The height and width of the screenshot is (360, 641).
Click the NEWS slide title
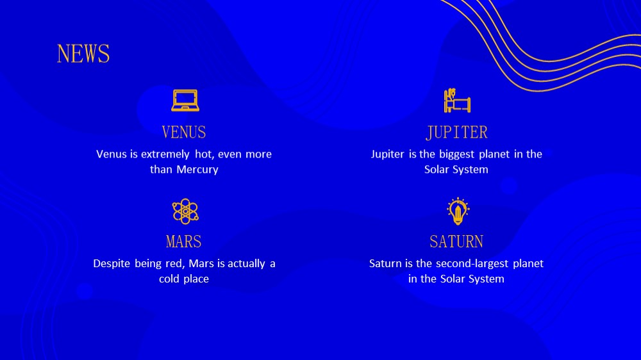click(x=83, y=54)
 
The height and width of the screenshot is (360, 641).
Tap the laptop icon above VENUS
click(x=185, y=100)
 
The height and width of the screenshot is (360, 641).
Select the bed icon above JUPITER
click(x=457, y=100)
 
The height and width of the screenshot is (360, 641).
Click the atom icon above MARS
click(x=185, y=211)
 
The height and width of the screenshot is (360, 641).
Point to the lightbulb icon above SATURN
click(x=458, y=211)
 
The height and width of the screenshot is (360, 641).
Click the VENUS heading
click(x=184, y=133)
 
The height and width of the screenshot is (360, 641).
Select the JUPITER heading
click(x=456, y=133)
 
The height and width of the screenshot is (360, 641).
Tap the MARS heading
click(x=183, y=241)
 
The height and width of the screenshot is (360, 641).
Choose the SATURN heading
click(x=456, y=241)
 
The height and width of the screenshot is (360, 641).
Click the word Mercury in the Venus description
click(x=197, y=170)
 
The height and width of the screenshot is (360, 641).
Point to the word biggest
click(x=456, y=154)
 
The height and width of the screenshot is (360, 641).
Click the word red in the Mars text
click(x=174, y=263)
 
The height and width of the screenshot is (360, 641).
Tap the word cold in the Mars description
click(x=169, y=279)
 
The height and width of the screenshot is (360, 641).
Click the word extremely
click(x=165, y=154)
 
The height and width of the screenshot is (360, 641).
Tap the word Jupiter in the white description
click(x=388, y=154)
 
